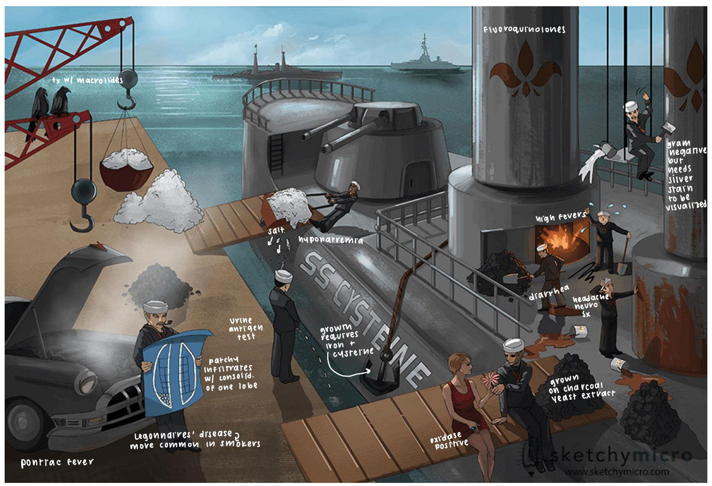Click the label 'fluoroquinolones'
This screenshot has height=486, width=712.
(x=524, y=30)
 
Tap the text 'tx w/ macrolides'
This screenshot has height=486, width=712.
(x=87, y=81)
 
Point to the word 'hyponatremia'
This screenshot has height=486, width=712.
(x=330, y=241)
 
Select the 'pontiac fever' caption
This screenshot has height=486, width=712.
(x=57, y=463)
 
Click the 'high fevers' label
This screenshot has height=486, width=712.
(x=561, y=218)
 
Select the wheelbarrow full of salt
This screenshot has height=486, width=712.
(x=287, y=208)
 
